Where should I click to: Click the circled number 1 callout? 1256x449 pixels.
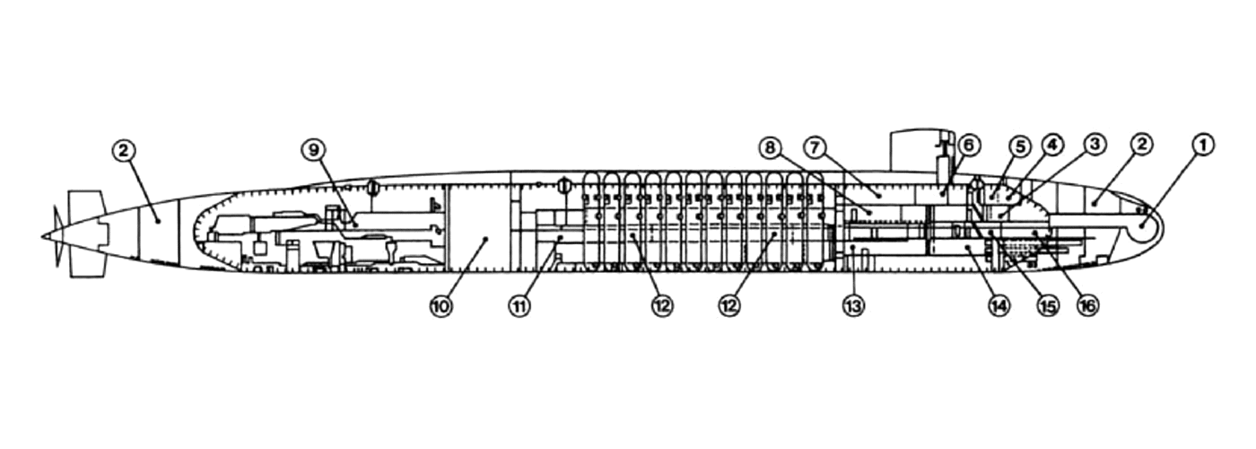click(1201, 145)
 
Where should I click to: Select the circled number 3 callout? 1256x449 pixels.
click(1094, 145)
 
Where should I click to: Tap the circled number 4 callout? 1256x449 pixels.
click(1051, 145)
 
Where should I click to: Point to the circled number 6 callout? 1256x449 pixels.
click(969, 145)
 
